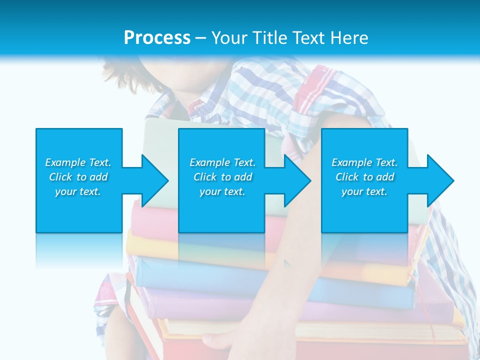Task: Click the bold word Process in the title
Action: (157, 38)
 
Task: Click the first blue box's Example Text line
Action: (78, 162)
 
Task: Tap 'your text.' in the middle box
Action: (222, 191)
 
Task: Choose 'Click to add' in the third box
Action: (364, 177)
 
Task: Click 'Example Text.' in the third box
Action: (364, 162)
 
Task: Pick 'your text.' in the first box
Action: (78, 191)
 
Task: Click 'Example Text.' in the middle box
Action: (222, 162)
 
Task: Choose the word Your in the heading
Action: (229, 38)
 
